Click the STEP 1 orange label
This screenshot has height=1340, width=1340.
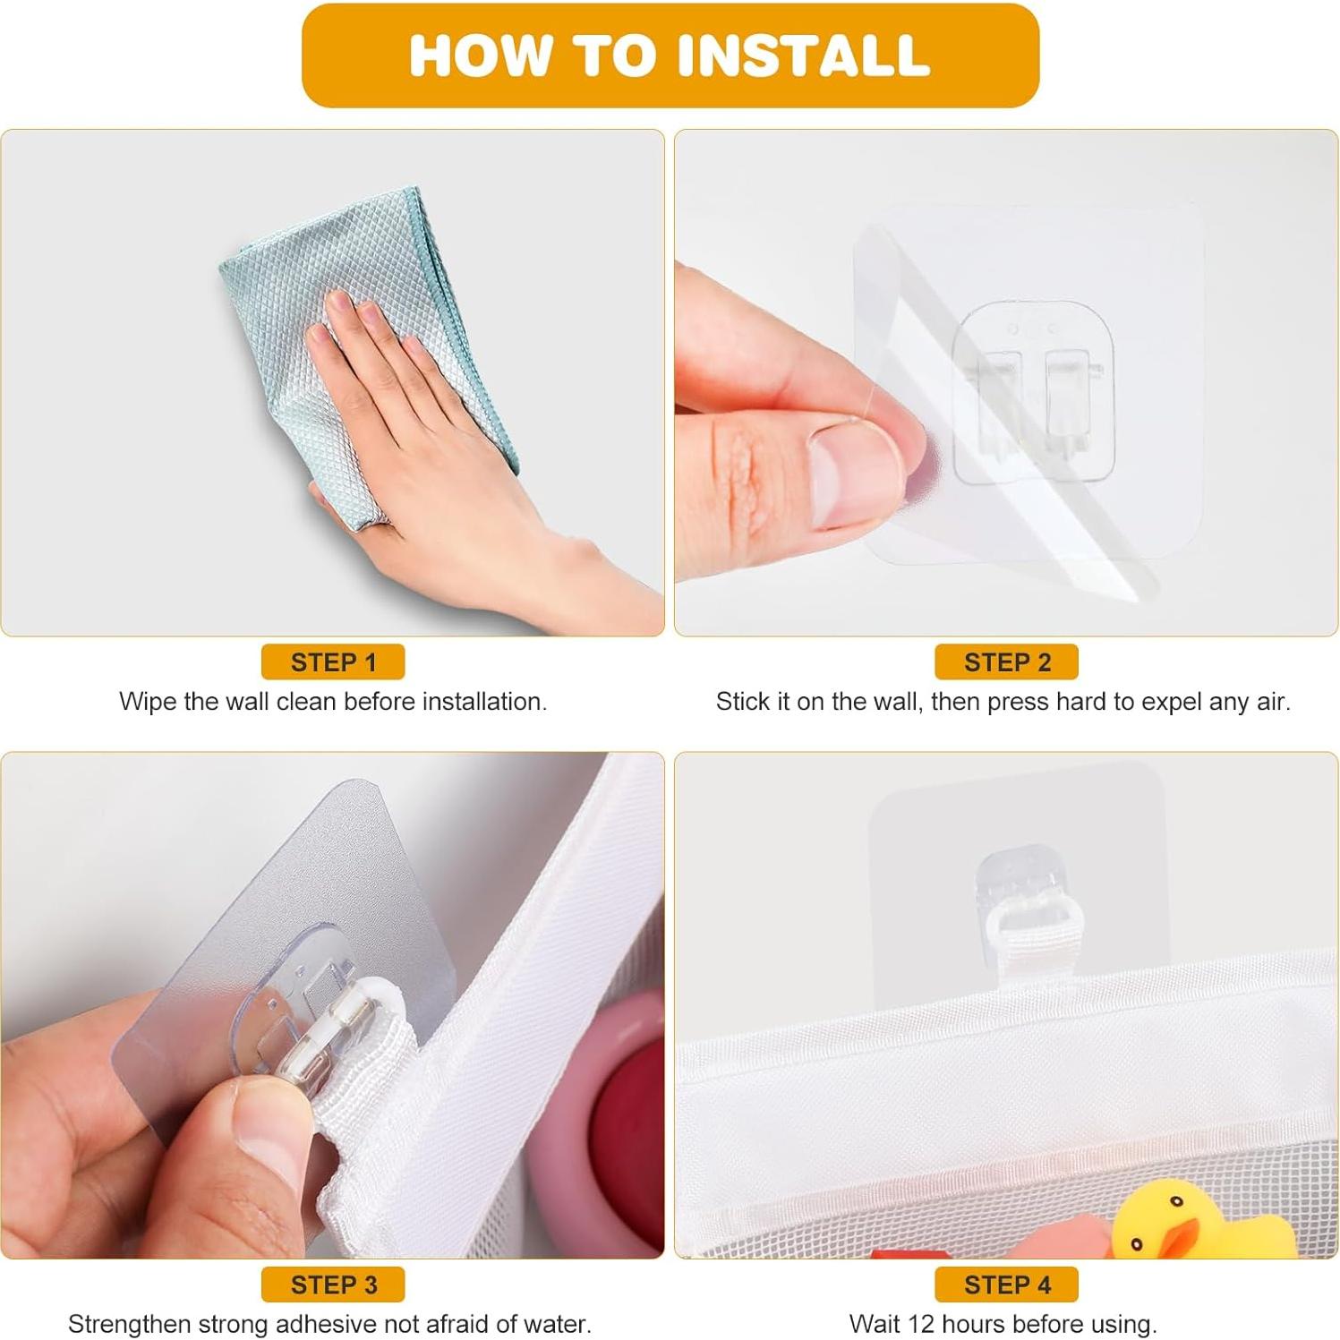pos(333,662)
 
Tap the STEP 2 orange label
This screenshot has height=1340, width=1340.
pos(1006,662)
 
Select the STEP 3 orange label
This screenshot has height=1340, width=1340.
pos(333,1285)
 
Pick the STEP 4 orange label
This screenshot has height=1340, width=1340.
pos(1006,1285)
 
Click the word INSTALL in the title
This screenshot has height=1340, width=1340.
pos(804,55)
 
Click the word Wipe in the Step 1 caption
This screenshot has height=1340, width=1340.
pos(148,702)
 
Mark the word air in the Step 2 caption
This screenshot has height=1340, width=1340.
pos(1272,702)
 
